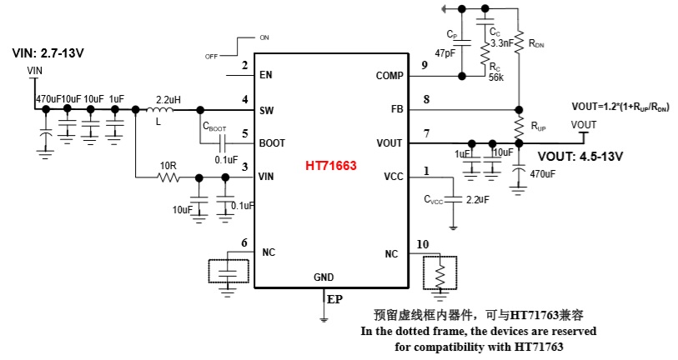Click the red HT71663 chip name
point(332,167)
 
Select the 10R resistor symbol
point(167,177)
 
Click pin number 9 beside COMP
point(425,66)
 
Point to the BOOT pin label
point(272,143)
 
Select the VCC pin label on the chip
point(393,177)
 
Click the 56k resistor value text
point(496,75)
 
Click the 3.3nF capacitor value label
point(501,42)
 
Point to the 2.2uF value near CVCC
point(477,201)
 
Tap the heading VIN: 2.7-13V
point(48,52)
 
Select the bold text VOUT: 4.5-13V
point(580,156)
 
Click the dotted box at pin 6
point(225,272)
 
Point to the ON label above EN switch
point(264,38)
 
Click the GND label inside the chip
point(324,277)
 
